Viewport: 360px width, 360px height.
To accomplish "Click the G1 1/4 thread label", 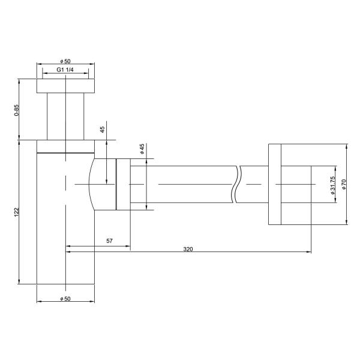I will pos(65,70).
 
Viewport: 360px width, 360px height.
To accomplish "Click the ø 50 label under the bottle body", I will pos(65,298).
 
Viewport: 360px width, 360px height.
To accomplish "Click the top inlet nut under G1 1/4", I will pos(66,85).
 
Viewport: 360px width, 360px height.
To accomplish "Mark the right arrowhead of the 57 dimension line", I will pos(128,245).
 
